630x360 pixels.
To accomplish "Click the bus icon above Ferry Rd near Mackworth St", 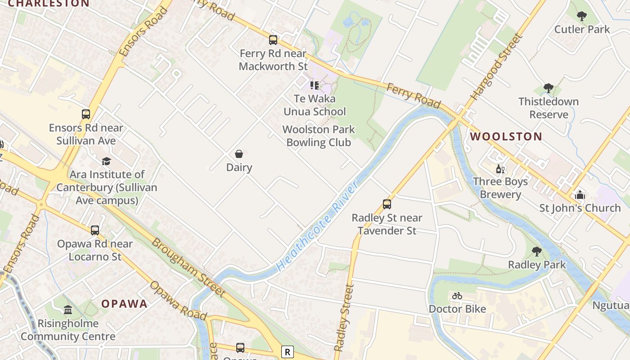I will click(273, 40).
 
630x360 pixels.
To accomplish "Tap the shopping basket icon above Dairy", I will click(239, 154).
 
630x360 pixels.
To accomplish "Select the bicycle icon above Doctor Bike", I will click(457, 296).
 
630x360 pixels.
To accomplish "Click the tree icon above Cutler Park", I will click(581, 16).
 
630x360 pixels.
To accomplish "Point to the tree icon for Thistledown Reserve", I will click(548, 88).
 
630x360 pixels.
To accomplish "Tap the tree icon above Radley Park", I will click(536, 251).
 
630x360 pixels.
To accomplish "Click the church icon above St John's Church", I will click(580, 195).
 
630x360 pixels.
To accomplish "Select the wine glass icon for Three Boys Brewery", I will click(500, 169).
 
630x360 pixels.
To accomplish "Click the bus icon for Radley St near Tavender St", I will click(387, 204).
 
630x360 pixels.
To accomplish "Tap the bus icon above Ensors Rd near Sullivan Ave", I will click(86, 114).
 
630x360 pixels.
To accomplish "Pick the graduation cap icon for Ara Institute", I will click(106, 161).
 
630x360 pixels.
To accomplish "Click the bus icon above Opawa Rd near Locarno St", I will click(95, 230).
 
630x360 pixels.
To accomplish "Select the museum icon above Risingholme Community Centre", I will click(68, 310).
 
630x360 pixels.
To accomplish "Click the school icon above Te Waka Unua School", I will click(315, 85).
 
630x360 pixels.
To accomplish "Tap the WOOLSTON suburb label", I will click(506, 136).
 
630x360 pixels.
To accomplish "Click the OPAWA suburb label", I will click(124, 304).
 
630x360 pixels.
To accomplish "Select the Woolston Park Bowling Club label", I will click(319, 136).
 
